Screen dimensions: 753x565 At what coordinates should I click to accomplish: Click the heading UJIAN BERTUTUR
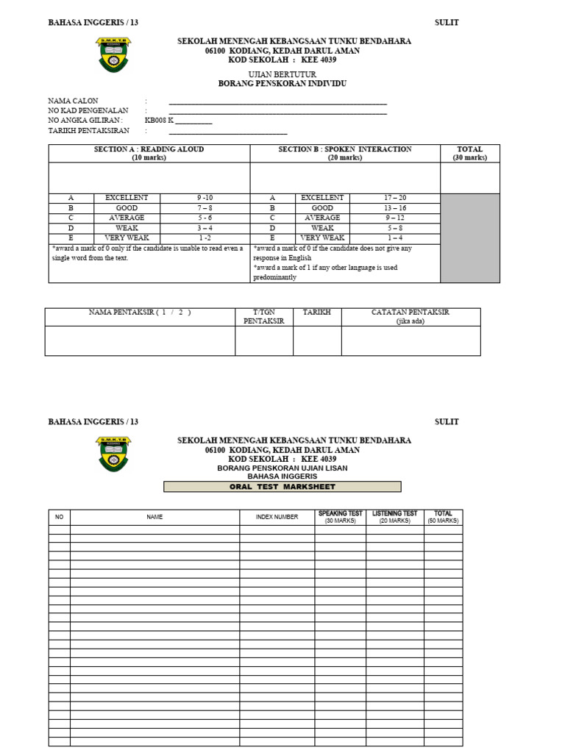click(x=282, y=74)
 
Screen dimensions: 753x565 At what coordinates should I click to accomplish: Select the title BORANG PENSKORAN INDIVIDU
click(x=282, y=84)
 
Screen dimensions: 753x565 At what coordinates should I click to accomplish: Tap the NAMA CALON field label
click(x=73, y=101)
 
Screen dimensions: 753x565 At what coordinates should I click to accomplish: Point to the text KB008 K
click(x=160, y=121)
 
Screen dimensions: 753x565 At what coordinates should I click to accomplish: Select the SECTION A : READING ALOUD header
click(x=149, y=153)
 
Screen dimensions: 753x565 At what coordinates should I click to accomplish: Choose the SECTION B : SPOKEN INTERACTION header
click(x=345, y=153)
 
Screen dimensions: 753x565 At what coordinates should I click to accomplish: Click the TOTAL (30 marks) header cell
click(x=469, y=153)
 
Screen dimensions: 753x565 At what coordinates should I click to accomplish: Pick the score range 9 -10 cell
click(x=205, y=199)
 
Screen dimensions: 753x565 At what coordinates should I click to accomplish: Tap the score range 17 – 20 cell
click(x=394, y=199)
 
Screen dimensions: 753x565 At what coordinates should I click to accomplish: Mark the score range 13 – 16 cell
click(x=394, y=208)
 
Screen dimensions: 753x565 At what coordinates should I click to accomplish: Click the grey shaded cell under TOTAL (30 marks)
click(x=469, y=238)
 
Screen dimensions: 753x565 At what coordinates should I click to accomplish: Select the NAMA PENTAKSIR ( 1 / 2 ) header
click(x=140, y=313)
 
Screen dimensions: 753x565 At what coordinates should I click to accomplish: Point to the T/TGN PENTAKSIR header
click(x=263, y=317)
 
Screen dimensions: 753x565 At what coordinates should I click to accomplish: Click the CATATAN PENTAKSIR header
click(x=411, y=317)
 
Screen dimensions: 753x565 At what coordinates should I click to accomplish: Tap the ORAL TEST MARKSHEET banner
click(x=282, y=487)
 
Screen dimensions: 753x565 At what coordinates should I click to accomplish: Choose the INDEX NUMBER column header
click(x=277, y=517)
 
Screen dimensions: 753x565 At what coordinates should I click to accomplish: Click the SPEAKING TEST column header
click(x=340, y=517)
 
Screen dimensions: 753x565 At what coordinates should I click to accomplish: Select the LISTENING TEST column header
click(x=394, y=517)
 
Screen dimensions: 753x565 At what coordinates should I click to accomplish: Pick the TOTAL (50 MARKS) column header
click(x=443, y=517)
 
